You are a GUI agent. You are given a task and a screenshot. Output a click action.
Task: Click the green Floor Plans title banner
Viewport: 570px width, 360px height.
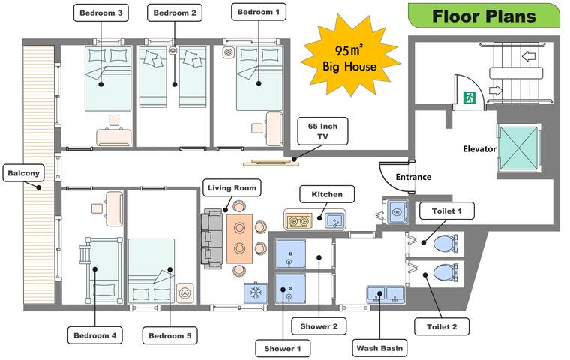coord(484,16)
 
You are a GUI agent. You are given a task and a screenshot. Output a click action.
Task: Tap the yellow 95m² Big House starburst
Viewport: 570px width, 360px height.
coord(349,58)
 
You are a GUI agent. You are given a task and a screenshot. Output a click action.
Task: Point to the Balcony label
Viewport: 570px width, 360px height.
coord(24,173)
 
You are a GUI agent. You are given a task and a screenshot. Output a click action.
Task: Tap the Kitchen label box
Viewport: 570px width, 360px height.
coord(326,194)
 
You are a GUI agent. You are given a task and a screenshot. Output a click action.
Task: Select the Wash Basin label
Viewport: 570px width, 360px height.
coord(379,348)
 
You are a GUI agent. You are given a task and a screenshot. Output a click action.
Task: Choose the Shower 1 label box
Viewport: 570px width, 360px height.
coord(282,348)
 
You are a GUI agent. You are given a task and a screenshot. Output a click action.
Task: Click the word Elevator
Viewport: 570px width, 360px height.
coord(479,149)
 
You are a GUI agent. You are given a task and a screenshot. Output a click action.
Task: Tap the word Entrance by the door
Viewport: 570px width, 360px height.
coord(413,177)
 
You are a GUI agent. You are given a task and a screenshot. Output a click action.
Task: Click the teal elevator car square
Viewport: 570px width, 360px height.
coord(518,148)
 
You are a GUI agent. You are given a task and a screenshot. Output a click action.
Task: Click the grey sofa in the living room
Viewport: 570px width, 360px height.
coord(211,238)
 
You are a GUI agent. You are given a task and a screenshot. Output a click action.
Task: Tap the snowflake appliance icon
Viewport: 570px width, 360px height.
coord(255,292)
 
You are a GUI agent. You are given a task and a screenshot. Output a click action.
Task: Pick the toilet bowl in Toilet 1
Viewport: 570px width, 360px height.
coord(445,243)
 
